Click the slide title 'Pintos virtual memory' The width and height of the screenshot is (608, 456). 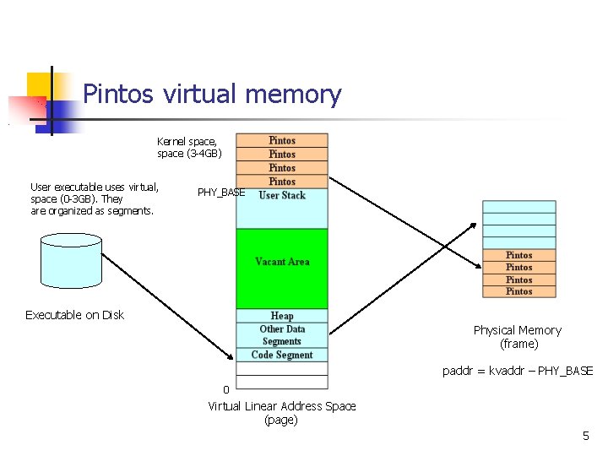coord(212,94)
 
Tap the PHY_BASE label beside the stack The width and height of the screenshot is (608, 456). coord(220,193)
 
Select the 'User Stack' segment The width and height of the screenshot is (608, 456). coord(282,195)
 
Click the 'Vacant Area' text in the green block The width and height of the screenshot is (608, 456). coord(282,262)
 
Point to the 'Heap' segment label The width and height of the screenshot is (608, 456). coord(282,316)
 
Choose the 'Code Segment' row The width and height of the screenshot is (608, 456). coord(282,355)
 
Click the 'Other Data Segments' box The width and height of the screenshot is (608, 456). coord(282,335)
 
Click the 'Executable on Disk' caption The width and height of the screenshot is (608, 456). coord(74,315)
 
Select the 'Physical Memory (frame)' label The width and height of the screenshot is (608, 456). coord(517,337)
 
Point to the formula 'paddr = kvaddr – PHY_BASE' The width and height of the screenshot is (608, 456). coord(518,371)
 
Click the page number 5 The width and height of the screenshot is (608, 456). coord(585,436)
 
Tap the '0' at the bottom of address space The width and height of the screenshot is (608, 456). coord(225,389)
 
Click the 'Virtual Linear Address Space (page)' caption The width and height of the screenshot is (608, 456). coord(282,413)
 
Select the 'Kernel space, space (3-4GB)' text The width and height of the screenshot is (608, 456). coord(189,148)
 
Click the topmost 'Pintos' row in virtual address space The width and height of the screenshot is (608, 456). coord(282,140)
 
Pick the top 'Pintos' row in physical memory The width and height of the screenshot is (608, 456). coord(518,255)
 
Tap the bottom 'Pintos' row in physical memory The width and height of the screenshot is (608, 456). coord(518,291)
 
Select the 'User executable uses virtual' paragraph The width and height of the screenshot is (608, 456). coord(94,199)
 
